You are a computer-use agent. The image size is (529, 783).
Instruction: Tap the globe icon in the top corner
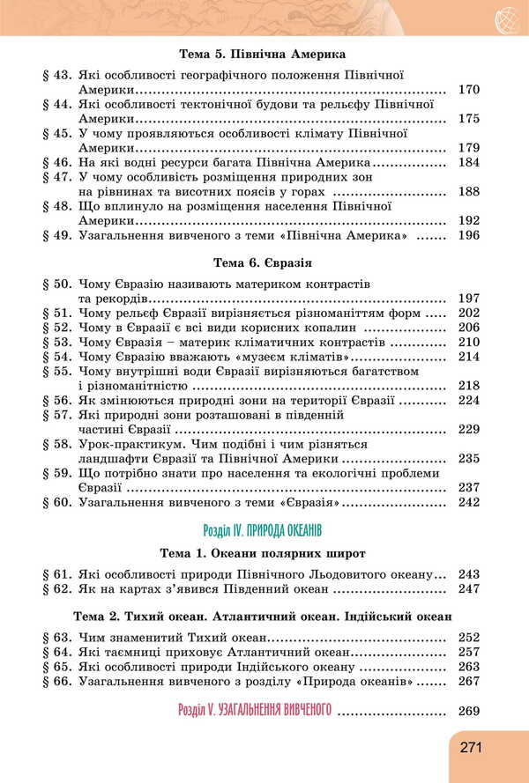click(x=507, y=17)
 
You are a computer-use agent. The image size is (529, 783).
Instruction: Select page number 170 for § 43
click(x=468, y=90)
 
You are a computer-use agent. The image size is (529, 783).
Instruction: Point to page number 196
click(x=468, y=236)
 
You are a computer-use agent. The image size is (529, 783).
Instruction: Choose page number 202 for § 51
click(x=468, y=314)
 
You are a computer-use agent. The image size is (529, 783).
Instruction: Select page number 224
click(x=468, y=400)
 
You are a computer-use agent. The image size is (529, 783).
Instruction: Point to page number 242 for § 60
click(x=468, y=502)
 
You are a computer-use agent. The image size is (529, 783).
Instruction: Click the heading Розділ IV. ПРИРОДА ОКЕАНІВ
click(x=263, y=530)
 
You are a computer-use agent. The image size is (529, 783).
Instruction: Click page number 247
click(x=468, y=588)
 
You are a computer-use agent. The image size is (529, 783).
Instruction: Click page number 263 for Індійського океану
click(x=468, y=667)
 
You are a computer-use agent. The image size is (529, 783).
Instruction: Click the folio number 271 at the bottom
click(x=471, y=747)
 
